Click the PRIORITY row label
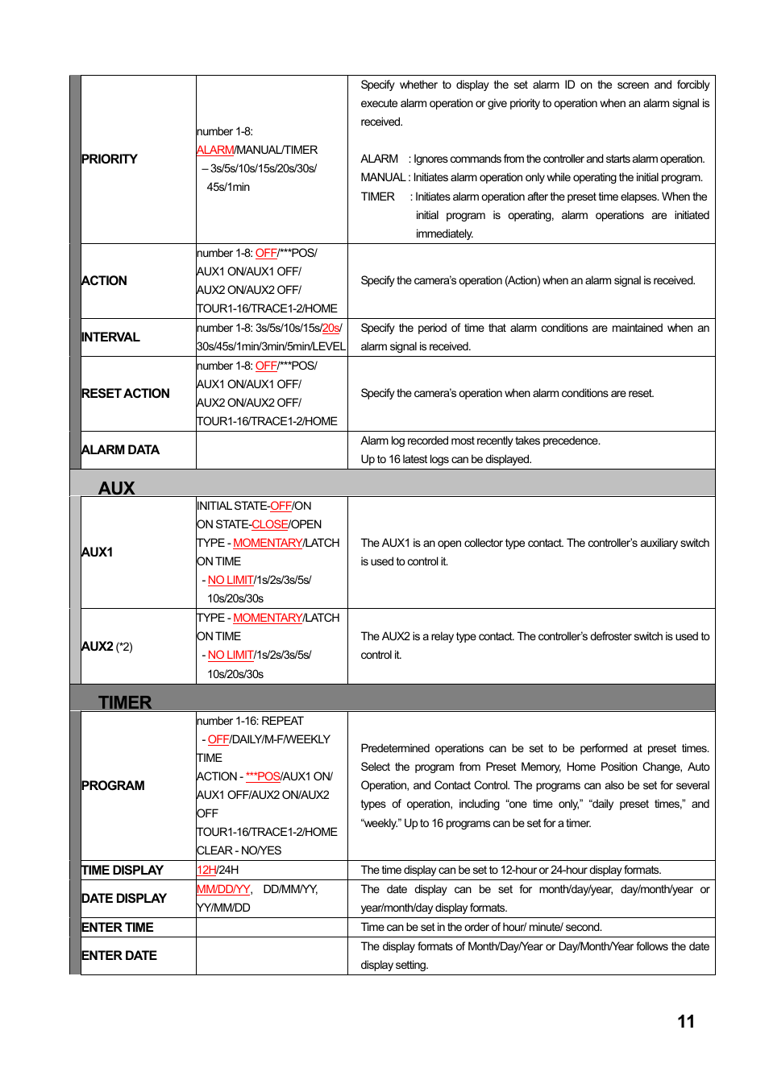point(110,159)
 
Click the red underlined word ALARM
point(215,150)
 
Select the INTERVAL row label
point(110,337)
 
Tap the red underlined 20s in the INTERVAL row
point(330,328)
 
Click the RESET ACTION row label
point(126,394)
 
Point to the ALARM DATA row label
point(121,450)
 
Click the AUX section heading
point(117,488)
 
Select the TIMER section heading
point(125,702)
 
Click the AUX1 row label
point(98,552)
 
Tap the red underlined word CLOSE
point(270,524)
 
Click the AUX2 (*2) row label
point(107,647)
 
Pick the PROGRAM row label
point(114,786)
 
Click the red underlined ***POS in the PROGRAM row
point(263,776)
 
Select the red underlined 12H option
point(206,870)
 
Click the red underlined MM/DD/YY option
point(223,889)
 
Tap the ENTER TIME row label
point(118,928)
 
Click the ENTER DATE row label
point(119,956)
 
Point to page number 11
point(686,1022)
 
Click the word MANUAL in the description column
point(383,178)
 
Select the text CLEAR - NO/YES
point(239,850)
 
